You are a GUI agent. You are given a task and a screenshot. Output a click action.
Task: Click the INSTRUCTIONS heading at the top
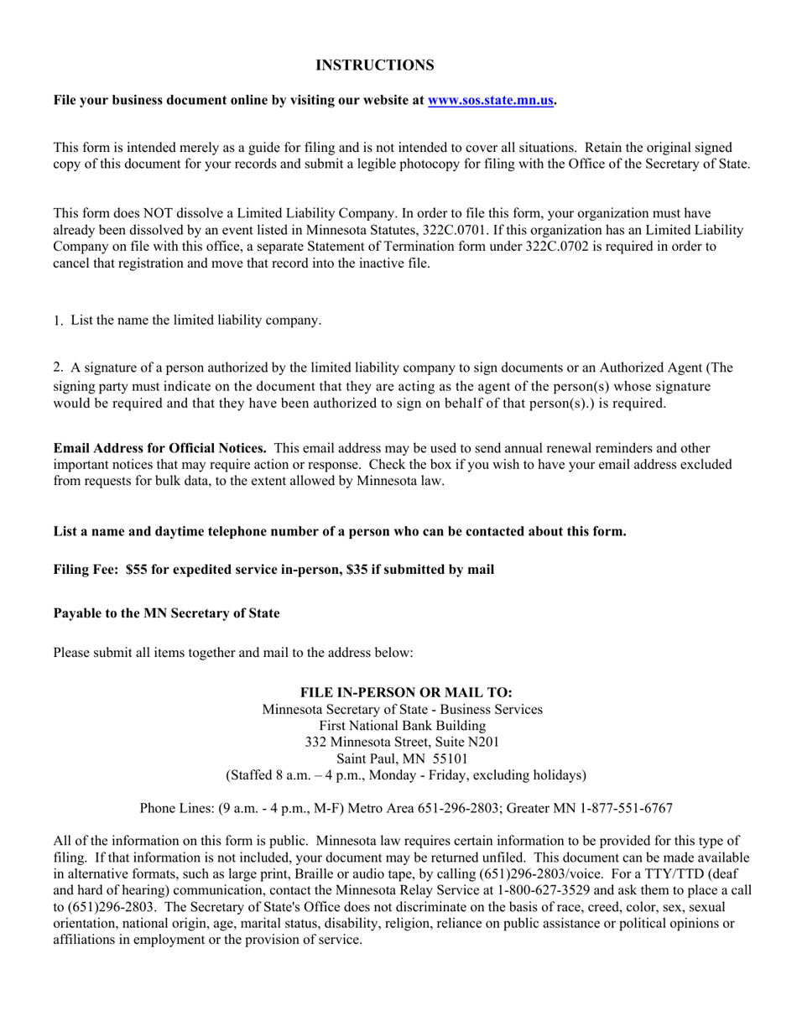[374, 65]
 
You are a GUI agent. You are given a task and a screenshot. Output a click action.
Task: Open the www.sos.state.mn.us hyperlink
[491, 101]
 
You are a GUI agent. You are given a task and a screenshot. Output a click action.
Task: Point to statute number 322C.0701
[456, 230]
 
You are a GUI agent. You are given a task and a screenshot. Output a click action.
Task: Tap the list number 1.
[58, 321]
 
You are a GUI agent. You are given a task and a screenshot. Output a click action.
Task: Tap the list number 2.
[58, 367]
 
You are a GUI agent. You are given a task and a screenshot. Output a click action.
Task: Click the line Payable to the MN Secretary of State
[166, 613]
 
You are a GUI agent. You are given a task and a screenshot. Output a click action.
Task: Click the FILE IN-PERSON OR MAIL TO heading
[406, 693]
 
